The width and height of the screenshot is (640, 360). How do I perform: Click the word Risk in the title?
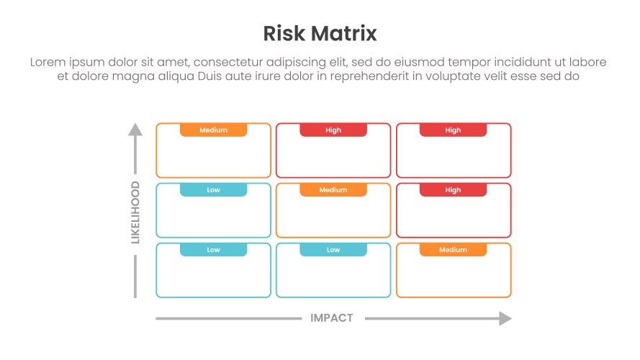[x=285, y=34]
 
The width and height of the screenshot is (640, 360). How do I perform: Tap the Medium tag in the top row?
[x=213, y=130]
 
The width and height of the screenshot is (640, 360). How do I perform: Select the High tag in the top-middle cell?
[x=333, y=130]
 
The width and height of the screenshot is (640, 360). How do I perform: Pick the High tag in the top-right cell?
[x=453, y=130]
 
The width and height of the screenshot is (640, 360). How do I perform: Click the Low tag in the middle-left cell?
[x=213, y=190]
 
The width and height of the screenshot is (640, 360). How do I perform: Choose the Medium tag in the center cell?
[x=333, y=190]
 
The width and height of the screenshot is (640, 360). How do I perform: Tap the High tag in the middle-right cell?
[x=453, y=190]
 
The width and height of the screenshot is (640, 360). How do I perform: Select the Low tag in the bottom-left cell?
[x=213, y=250]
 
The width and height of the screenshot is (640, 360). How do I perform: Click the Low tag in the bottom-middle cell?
[x=333, y=250]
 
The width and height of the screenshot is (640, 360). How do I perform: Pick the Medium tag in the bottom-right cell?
[x=453, y=250]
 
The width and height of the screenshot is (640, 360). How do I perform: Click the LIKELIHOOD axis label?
[x=135, y=212]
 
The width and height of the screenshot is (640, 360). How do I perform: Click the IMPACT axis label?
[x=332, y=318]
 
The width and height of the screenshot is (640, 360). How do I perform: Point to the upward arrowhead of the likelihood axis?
[x=135, y=130]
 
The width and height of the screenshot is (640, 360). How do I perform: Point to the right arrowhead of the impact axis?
[x=505, y=318]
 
